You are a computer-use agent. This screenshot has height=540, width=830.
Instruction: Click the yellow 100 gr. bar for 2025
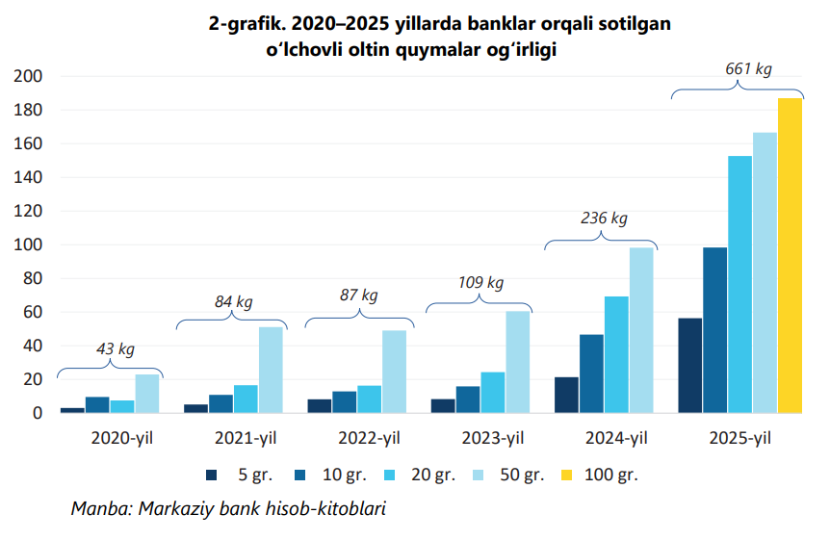click(790, 255)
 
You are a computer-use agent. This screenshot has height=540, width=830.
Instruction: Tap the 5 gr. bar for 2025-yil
click(690, 365)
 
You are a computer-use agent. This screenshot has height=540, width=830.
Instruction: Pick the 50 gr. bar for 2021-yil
click(271, 370)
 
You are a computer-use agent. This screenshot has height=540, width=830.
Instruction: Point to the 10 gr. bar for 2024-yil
click(591, 373)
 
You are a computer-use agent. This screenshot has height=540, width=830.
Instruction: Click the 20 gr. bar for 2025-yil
click(739, 284)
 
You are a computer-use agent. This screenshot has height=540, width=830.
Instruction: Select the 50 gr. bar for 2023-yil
click(518, 362)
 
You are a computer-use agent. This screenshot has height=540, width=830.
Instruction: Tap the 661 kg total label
click(748, 69)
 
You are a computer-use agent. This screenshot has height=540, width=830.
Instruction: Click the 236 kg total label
click(604, 219)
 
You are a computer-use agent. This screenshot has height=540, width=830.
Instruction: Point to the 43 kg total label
click(115, 349)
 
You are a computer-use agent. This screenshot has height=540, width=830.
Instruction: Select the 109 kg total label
click(480, 283)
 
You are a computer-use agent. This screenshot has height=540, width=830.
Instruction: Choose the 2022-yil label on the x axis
click(369, 439)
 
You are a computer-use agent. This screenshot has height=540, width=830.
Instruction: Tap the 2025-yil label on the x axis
click(739, 439)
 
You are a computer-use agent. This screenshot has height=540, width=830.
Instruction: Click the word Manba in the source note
click(98, 508)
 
